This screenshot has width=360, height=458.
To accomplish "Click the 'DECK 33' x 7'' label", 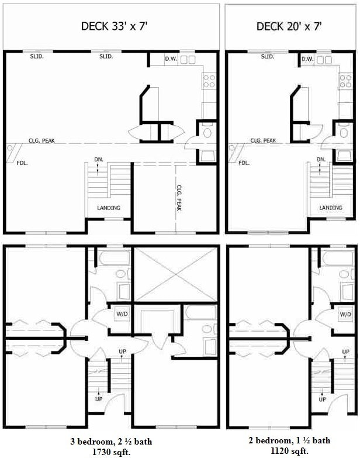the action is (113, 26).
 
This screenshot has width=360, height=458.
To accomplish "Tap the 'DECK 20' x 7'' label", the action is (289, 26).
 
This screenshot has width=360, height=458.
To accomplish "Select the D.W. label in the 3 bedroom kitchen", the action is (171, 58).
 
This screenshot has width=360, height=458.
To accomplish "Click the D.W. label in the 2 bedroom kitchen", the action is (307, 59).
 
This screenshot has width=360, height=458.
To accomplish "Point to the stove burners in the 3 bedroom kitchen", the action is (209, 81).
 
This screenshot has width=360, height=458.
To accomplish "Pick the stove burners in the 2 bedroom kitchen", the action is (345, 81).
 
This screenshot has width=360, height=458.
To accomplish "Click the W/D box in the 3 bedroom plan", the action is (122, 314).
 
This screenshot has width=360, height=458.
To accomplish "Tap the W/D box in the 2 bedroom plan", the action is (345, 314).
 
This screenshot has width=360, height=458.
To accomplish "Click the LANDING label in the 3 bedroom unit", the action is (109, 208).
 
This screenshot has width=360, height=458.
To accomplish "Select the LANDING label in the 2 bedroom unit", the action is (331, 208).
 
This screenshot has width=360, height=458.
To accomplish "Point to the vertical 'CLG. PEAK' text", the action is (179, 198).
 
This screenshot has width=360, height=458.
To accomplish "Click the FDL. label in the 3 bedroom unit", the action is (22, 163).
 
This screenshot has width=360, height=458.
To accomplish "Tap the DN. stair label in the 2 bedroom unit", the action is (321, 160).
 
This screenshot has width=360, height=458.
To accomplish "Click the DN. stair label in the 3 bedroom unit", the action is (99, 160).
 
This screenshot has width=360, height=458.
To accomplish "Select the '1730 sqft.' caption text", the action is (111, 452).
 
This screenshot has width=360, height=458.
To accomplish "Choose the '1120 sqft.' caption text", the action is (289, 451).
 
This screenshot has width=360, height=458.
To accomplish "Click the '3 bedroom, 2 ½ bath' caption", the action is (111, 441).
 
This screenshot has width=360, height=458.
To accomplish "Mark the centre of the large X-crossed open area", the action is (176, 274).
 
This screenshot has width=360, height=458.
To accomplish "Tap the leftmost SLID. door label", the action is (37, 56).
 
